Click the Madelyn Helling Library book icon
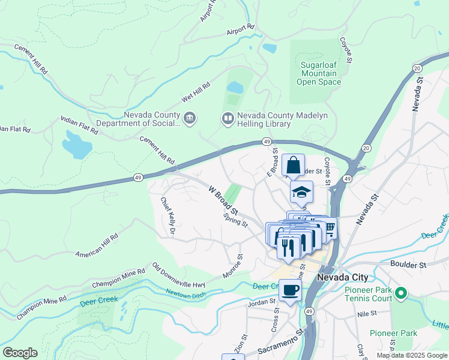(x=228, y=118)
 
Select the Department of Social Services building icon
(x=190, y=118)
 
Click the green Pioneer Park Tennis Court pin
(x=401, y=293)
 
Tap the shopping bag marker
(x=293, y=165)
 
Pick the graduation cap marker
(x=301, y=191)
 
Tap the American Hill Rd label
(x=97, y=247)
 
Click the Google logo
(x=20, y=352)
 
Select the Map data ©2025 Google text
(x=411, y=355)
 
